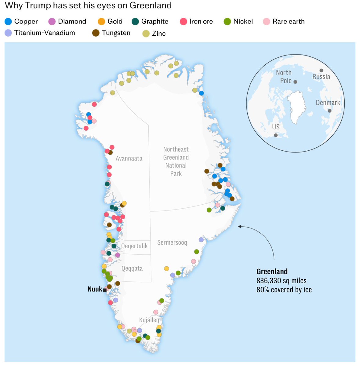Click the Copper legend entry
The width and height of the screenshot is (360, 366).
[21, 21]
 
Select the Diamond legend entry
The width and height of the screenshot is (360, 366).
[67, 21]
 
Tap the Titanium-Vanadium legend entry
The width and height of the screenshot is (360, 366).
[40, 33]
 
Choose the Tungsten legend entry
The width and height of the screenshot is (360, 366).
[111, 33]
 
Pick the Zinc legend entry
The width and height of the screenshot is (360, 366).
[154, 33]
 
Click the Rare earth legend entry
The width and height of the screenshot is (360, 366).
[284, 21]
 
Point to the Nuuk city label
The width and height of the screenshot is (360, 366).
[95, 289]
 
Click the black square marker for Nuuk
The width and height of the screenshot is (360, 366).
[105, 290]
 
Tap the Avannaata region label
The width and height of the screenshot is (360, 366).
[129, 158]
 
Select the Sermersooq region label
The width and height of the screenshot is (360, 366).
[172, 242]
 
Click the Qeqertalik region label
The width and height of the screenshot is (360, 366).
[134, 246]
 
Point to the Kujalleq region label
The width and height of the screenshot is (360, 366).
[149, 320]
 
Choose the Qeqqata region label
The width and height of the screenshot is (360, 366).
[132, 268]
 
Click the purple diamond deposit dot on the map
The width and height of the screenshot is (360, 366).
[118, 255]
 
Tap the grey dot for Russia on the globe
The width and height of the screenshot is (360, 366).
[321, 70]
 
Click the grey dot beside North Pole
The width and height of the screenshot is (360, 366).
[295, 82]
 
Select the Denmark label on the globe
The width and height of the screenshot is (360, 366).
[328, 102]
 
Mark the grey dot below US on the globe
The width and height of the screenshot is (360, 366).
[276, 135]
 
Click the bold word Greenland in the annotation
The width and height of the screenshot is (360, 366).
[272, 271]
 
